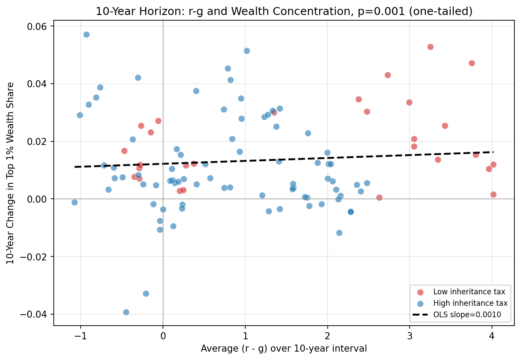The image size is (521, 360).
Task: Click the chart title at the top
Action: pos(284,11)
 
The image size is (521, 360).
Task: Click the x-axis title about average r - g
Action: pos(284,349)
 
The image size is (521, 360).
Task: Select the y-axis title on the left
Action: pos(11,173)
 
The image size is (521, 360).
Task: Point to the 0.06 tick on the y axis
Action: pos(38,26)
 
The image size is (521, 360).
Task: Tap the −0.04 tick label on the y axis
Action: pos(35,314)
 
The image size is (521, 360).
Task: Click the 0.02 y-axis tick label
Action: pos(38,141)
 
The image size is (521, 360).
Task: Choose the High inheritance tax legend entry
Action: pos(470,303)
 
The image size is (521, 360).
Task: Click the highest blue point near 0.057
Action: pos(86,34)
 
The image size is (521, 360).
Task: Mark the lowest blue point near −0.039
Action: pos(126,312)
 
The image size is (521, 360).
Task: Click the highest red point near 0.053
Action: pos(430,47)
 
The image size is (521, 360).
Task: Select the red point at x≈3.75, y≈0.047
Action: pos(472,63)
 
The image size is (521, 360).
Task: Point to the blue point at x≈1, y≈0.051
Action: pos(247,51)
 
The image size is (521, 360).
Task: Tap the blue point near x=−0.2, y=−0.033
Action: pos(146,293)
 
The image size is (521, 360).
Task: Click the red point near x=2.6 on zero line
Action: pos(379,197)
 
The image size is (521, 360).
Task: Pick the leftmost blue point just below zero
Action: pos(74,202)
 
